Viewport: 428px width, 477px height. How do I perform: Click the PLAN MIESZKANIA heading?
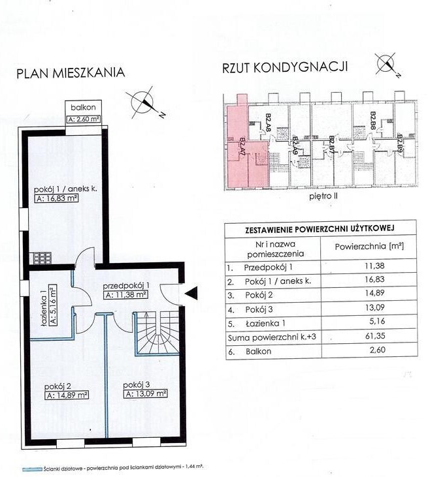(71, 73)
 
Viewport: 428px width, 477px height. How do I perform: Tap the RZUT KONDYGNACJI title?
(285, 67)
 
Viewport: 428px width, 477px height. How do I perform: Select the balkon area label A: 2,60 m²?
(84, 119)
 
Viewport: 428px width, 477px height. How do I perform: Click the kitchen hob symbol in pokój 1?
(42, 258)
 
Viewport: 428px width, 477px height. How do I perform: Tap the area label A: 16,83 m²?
(57, 198)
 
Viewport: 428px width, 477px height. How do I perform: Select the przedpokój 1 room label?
(126, 286)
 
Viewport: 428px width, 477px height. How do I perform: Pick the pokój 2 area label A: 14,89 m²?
(67, 395)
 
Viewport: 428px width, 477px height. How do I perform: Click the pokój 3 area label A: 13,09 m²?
(146, 393)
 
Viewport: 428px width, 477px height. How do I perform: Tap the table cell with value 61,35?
(369, 336)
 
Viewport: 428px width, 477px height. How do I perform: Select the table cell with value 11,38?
(369, 266)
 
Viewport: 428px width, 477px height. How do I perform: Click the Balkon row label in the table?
(258, 351)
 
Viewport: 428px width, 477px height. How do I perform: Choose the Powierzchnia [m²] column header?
(369, 246)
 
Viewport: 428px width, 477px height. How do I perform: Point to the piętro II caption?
(323, 196)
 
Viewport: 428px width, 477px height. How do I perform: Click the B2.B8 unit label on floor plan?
(373, 121)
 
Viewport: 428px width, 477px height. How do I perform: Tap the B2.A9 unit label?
(295, 147)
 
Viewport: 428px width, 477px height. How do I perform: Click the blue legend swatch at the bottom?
(32, 469)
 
